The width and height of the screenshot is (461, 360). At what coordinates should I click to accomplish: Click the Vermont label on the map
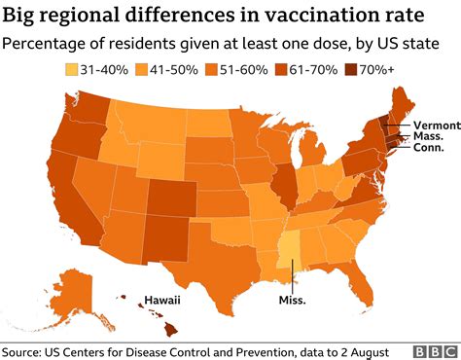point(431,126)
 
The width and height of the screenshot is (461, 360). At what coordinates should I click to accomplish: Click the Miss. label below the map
point(292,300)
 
